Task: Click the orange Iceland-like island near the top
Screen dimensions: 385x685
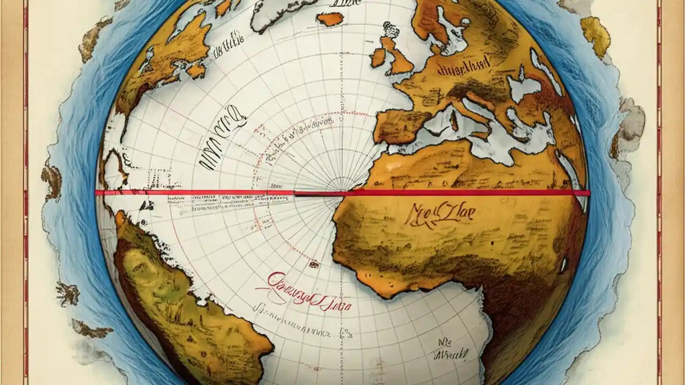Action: coord(330,19)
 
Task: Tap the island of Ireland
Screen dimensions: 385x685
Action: coord(378,57)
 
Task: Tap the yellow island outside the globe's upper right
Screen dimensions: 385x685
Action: coord(596,35)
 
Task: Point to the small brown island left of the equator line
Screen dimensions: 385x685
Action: coord(52,180)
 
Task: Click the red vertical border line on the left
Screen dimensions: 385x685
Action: coord(25,192)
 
